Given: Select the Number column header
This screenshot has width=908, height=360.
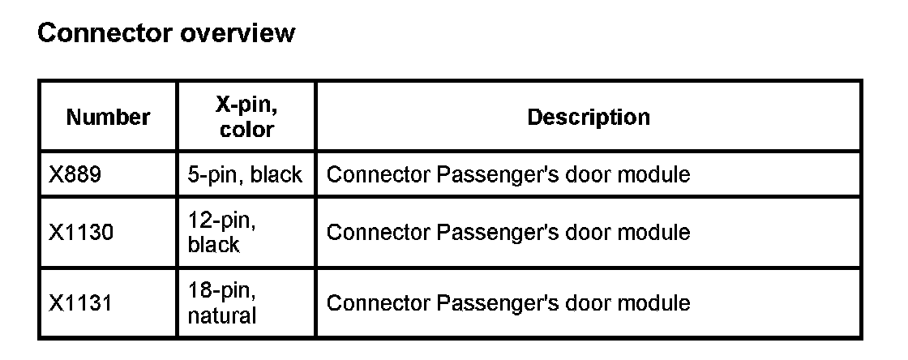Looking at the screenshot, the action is coord(108,118).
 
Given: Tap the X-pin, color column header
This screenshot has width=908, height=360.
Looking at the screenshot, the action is coord(246,117).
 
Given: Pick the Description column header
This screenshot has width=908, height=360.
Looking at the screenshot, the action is coord(589,117).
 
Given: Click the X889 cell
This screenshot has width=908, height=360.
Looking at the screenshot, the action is coord(75,174).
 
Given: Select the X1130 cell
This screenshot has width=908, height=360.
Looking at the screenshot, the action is coord(81,233).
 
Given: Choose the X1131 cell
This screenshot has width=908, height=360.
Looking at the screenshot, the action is coord(81,303).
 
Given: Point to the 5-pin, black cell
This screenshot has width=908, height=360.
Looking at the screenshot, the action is coord(245,174).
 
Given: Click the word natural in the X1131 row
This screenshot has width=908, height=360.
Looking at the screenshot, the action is coord(221,315).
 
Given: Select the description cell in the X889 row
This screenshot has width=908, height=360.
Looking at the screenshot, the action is coord(508,174).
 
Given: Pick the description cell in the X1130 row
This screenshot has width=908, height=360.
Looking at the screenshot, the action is coord(508,233).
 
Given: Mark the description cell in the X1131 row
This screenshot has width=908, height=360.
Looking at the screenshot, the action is coord(508,303).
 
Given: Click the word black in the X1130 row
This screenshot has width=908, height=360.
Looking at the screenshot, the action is coord(213,245).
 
